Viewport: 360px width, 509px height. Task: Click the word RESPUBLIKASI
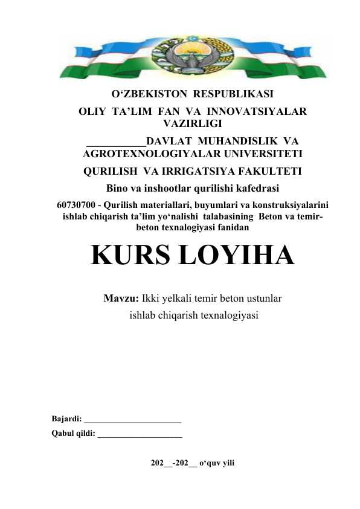click(x=233, y=96)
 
